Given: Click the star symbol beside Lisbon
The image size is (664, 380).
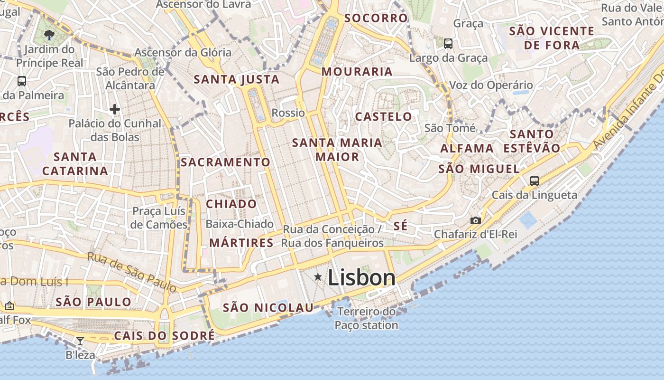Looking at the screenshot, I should click(x=318, y=277).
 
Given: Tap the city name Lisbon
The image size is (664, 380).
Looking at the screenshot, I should click(x=361, y=278).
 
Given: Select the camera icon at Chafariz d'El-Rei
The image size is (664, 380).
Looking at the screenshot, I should click(x=475, y=220).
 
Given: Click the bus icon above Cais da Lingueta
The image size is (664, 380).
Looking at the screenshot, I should click(x=535, y=180).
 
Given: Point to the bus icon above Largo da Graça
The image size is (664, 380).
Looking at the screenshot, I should click(x=448, y=44).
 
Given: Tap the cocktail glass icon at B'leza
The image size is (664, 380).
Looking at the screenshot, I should click(x=80, y=341).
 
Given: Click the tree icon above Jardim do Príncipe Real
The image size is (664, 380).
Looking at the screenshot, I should click(x=49, y=35).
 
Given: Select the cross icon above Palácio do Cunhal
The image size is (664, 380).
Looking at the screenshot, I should click(x=114, y=109).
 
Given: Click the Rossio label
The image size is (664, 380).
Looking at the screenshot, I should click(x=288, y=113).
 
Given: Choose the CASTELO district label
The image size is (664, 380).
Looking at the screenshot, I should click(x=384, y=116).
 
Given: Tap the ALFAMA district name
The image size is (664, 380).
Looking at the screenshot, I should click(x=467, y=149).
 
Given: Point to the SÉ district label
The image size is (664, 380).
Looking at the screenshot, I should click(x=400, y=226).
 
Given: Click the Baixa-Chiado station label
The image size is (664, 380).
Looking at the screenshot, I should click(x=240, y=224).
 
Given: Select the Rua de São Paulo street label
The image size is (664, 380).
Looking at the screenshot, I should click(x=132, y=272).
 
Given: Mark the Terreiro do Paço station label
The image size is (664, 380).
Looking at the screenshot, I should click(x=366, y=319).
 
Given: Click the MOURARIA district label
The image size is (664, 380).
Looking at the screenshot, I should click(x=357, y=72).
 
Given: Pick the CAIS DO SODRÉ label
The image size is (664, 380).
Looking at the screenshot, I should click(x=164, y=336).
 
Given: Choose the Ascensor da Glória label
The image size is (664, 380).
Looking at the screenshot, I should click(x=183, y=52).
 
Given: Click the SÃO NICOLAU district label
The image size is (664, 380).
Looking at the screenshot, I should click(x=268, y=308).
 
